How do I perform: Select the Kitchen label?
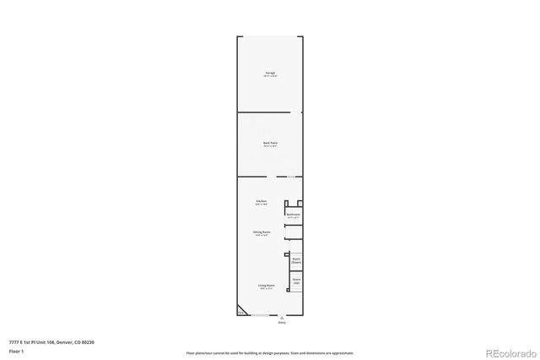point(262,202)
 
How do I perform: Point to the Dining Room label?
point(262,232)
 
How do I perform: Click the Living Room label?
point(267,286)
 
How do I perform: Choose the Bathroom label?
point(294,216)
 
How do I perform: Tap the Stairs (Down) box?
point(296,261)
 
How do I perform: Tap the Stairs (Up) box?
point(296,280)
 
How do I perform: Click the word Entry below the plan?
point(282,323)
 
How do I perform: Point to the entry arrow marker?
point(282,318)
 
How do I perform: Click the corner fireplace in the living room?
point(242,310)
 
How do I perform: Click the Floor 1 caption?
point(16,350)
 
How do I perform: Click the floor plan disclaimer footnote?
point(270,353)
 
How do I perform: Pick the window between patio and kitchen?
point(291,177)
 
